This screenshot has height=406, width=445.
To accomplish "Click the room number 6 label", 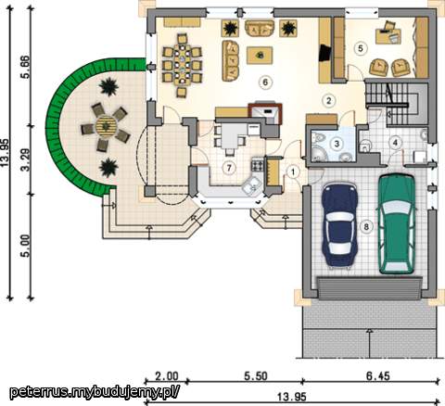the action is (x=265, y=82).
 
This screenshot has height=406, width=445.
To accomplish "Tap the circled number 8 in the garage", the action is (x=366, y=227).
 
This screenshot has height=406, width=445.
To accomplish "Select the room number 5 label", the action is (x=361, y=48).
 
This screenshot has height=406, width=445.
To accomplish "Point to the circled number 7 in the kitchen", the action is (x=229, y=168).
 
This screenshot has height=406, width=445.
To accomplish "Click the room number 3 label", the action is (x=337, y=144).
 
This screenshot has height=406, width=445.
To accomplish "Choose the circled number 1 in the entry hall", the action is (x=293, y=171).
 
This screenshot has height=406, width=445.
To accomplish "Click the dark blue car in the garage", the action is (x=339, y=224).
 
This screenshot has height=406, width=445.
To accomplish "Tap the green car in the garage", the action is (x=397, y=224).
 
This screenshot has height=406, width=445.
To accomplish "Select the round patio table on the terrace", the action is (x=106, y=126).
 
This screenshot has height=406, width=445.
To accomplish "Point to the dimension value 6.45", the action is (x=378, y=376).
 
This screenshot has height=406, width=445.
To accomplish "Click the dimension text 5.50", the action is (x=256, y=376).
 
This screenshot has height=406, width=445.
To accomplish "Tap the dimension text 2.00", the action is (x=167, y=376).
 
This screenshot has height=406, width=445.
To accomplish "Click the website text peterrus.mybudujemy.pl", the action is (x=95, y=392).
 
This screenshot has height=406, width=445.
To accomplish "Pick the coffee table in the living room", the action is (x=260, y=56).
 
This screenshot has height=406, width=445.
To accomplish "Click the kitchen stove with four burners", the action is (x=258, y=164).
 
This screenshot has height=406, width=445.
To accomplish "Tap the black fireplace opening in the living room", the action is (x=325, y=53).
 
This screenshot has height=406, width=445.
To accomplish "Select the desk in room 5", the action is (x=388, y=35).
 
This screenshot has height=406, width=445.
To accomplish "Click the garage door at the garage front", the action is (x=370, y=288).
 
